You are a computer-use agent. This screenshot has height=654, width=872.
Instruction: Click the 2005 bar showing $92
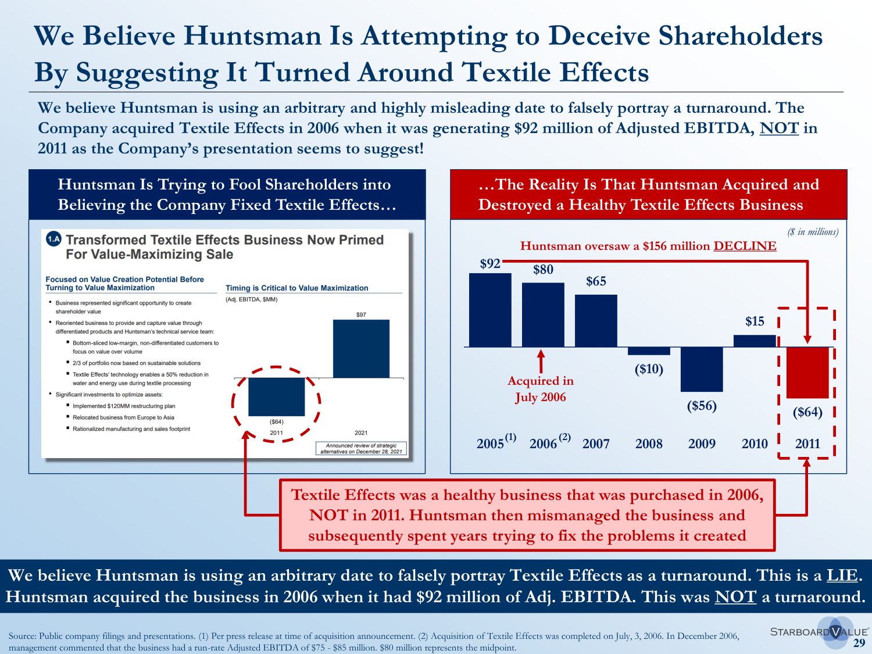tap(490, 310)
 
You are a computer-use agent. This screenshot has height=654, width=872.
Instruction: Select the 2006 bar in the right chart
tap(543, 315)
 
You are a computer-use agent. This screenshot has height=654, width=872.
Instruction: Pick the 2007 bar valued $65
tap(596, 320)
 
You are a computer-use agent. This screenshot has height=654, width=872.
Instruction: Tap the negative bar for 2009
tap(702, 369)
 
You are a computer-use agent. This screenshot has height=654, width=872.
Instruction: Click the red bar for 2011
tap(807, 372)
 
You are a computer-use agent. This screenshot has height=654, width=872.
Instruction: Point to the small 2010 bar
tap(755, 341)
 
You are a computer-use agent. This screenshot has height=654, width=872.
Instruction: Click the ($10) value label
tap(649, 369)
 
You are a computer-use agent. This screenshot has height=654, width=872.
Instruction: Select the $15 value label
tap(755, 321)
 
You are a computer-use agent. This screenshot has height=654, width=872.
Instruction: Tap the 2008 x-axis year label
tap(649, 444)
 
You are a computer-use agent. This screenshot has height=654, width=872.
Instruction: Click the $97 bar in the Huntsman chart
tap(361, 348)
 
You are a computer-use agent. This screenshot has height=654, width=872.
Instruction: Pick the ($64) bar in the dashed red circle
tap(276, 396)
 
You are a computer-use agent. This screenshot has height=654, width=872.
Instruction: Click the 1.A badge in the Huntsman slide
tap(53, 239)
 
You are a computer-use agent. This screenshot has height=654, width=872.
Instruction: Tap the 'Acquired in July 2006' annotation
tap(541, 389)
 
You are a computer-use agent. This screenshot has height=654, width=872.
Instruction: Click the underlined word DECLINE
tap(745, 246)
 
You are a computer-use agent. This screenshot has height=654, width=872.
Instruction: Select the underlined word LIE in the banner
tap(842, 576)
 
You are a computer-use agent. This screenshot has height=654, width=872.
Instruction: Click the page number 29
tap(859, 643)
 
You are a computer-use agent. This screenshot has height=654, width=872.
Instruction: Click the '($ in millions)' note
tap(813, 232)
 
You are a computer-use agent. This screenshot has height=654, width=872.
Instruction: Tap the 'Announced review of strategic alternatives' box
tap(361, 448)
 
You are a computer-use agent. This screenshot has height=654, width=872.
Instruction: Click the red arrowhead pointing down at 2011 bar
tap(807, 339)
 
